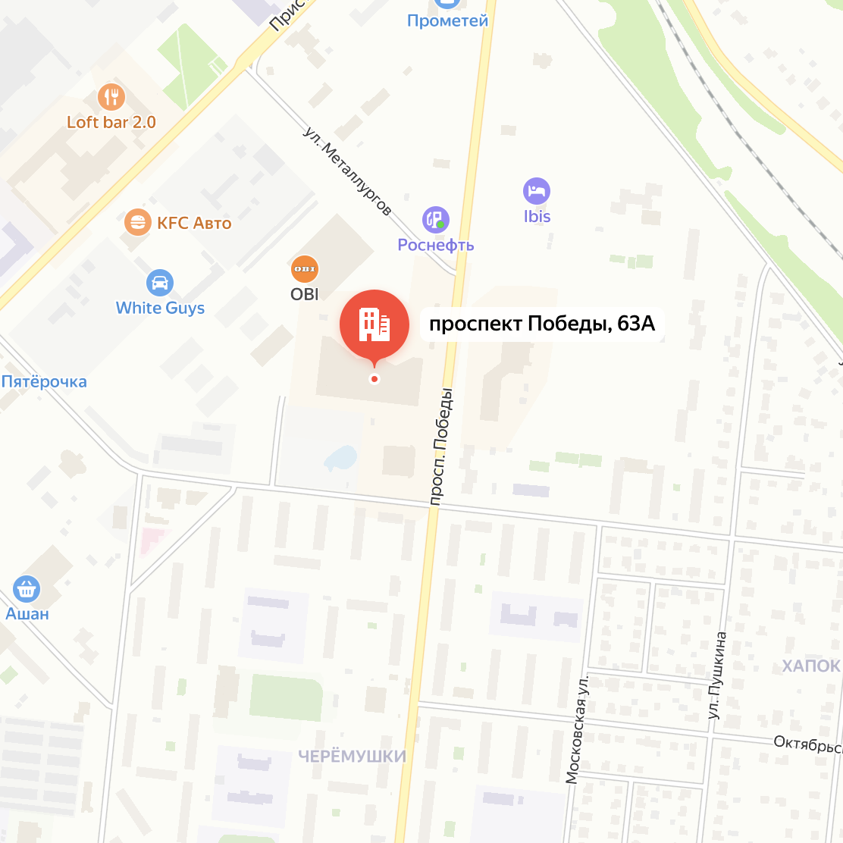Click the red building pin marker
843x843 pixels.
tap(374, 324)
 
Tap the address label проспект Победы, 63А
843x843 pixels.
tap(541, 324)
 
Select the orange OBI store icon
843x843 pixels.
tap(305, 269)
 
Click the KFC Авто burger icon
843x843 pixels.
tap(137, 222)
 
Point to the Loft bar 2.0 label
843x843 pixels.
tap(111, 122)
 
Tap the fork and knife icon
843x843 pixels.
tap(111, 96)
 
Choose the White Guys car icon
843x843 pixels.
tap(160, 284)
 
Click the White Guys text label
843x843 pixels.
tap(160, 308)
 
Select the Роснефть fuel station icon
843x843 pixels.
tap(435, 220)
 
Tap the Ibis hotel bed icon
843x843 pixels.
tap(537, 191)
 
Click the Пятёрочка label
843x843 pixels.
tap(44, 381)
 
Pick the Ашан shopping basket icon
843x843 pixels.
tap(27, 589)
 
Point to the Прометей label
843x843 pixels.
tap(447, 21)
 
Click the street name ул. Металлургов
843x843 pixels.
tap(348, 171)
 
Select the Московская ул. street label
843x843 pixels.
tap(577, 729)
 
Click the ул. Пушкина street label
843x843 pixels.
tap(716, 675)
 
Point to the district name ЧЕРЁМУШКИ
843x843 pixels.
tap(352, 756)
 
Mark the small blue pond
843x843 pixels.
tap(340, 457)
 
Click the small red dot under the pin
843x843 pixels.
tap(374, 378)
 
